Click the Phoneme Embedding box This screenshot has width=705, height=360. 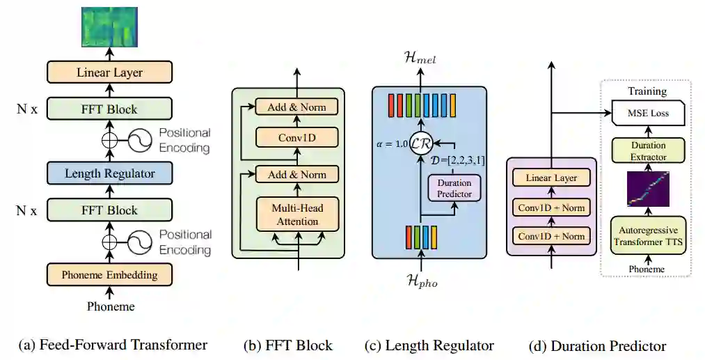(x=109, y=275)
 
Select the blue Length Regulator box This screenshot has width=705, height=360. (x=109, y=173)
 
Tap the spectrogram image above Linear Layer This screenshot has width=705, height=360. (x=109, y=27)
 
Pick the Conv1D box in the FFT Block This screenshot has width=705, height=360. (x=297, y=138)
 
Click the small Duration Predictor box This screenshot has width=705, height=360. (x=454, y=189)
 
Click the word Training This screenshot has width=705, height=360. (x=647, y=91)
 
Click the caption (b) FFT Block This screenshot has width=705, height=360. (x=288, y=345)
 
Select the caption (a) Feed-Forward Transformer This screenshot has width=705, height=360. (x=113, y=345)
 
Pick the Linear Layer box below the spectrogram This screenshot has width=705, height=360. (x=109, y=72)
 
